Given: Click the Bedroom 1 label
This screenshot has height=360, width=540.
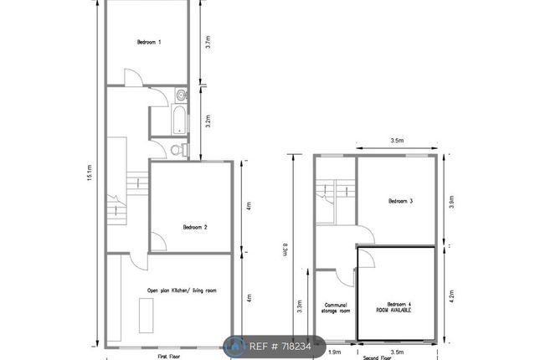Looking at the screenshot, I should point(149,42).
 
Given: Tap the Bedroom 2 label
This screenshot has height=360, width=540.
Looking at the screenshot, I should point(194,227).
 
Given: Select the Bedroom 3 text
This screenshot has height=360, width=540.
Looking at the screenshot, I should point(400,201).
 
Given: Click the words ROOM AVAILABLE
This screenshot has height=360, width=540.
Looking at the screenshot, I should point(399,309).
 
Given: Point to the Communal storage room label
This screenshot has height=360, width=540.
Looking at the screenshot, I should point(337,306).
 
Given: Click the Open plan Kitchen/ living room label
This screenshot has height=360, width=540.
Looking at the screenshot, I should point(182,291).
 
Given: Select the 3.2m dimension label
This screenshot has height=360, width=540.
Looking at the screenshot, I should point(208,121).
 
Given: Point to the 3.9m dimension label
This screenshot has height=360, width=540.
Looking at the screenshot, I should point(452,201).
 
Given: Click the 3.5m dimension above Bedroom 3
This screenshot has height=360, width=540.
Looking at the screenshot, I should point(398,141).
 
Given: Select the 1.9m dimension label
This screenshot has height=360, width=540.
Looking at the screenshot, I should point(336,352).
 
